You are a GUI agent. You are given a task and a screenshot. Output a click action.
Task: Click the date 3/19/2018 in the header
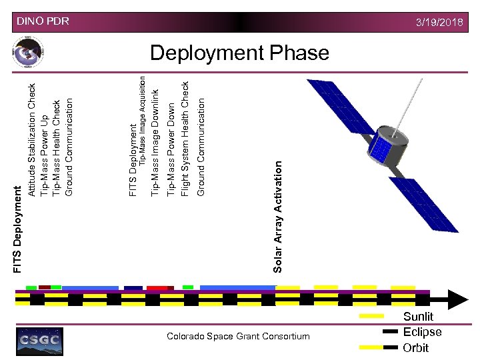(439, 22)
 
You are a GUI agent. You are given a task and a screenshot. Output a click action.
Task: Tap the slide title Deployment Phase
(239, 53)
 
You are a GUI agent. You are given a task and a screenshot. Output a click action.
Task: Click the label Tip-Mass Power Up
(44, 156)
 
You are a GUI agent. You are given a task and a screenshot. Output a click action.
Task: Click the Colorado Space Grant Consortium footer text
(238, 336)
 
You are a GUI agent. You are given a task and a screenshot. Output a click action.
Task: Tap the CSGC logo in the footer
(39, 340)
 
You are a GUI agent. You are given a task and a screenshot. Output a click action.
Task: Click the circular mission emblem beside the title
(28, 53)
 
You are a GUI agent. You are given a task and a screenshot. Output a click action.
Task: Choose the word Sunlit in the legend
(418, 317)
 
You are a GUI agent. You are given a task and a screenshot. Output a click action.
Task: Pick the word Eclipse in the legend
(422, 332)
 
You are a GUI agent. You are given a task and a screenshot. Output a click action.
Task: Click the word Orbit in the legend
(415, 347)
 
